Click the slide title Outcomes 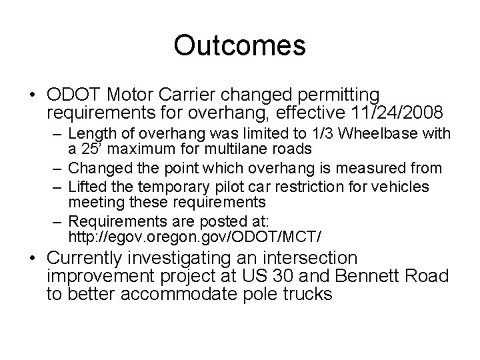coord(239,45)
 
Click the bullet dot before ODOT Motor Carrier coord(34,96)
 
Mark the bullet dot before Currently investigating coord(34,259)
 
